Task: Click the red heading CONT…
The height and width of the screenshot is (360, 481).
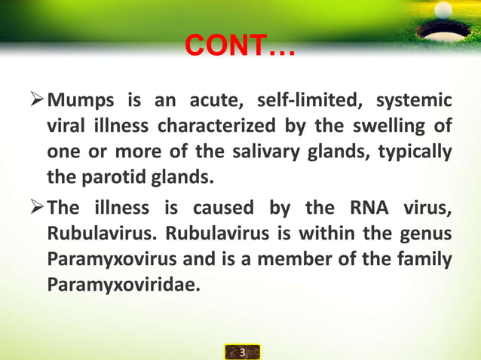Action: point(240,50)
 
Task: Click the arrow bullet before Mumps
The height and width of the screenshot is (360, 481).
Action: point(37,99)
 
